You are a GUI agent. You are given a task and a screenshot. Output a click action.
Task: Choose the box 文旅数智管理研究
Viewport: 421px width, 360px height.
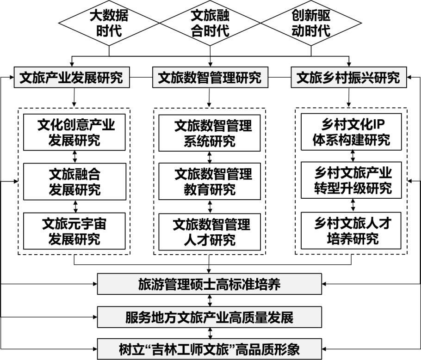tap(210, 78)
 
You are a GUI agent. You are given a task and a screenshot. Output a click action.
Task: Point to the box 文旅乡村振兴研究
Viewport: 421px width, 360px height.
tap(348, 78)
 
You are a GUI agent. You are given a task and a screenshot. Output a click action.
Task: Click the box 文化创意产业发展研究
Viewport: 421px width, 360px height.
tap(74, 132)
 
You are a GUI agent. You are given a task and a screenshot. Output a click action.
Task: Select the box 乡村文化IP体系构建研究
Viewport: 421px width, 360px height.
tap(351, 132)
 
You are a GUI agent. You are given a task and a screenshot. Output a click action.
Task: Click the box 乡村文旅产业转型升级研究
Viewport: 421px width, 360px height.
tap(351, 181)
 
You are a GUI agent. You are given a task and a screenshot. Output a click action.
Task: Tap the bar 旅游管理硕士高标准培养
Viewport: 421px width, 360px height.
tap(209, 284)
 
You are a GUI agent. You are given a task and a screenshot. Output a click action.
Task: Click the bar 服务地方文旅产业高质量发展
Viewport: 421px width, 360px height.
tap(209, 317)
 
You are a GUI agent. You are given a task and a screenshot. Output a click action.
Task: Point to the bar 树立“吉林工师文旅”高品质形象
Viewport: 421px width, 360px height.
tap(209, 348)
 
